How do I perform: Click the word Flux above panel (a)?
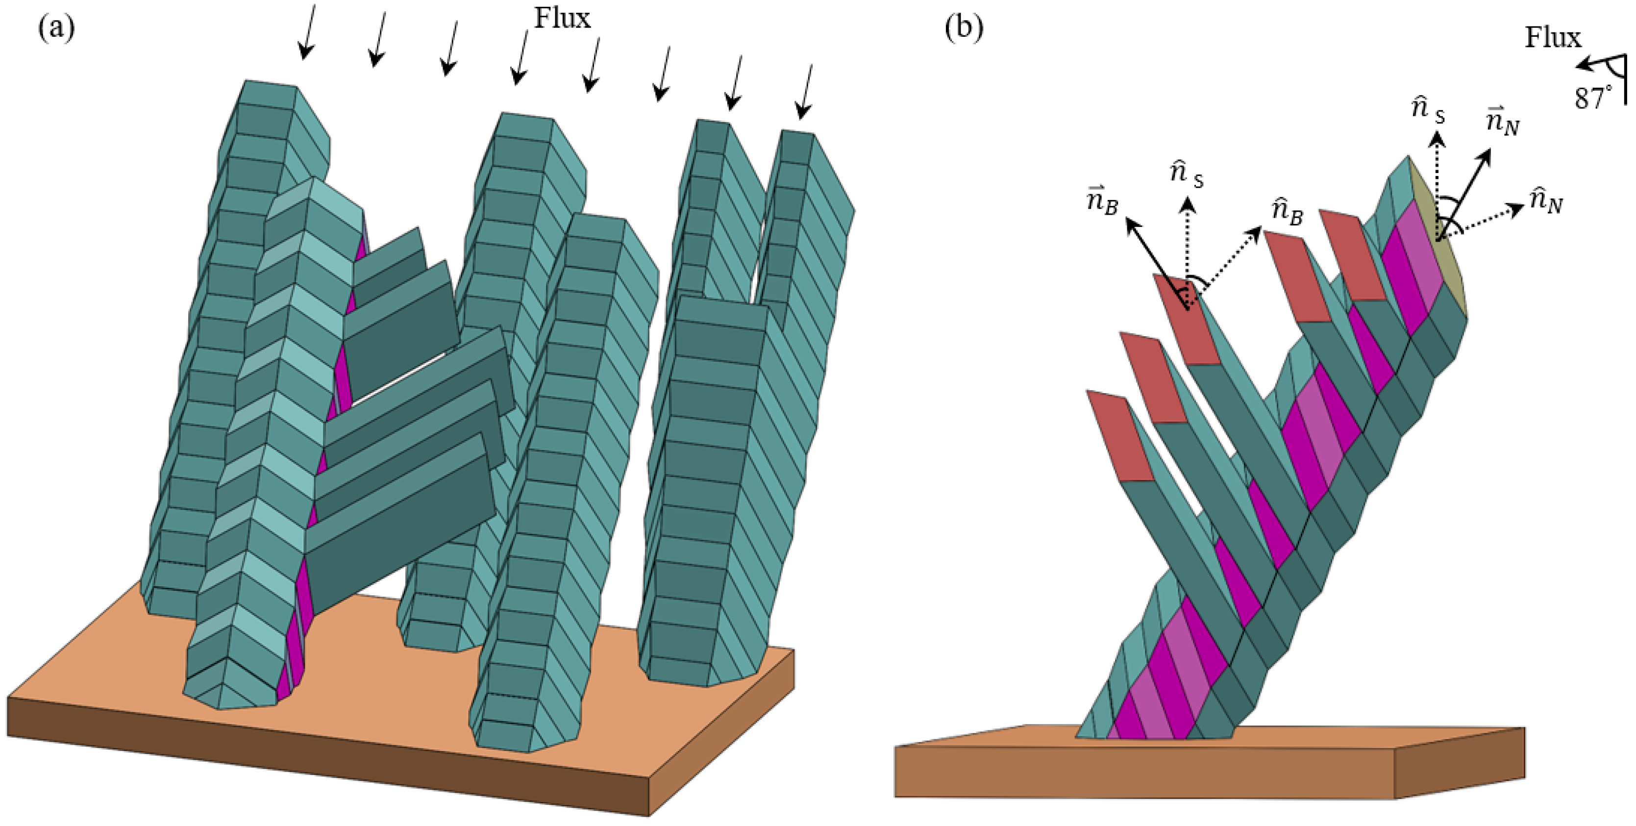tap(562, 18)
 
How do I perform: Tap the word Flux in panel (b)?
tap(1553, 38)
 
